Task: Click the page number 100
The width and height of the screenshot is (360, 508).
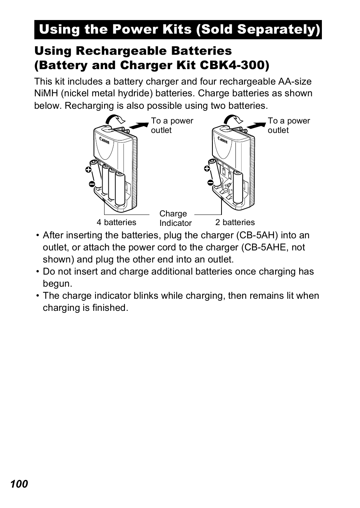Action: click(19, 484)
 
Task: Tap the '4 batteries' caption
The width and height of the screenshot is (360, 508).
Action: click(116, 222)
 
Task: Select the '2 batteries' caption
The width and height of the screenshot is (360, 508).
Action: click(235, 222)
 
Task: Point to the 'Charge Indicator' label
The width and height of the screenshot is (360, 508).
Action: click(175, 218)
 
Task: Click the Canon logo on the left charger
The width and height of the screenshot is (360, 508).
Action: click(105, 140)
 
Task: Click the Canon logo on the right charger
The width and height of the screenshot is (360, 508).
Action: click(223, 140)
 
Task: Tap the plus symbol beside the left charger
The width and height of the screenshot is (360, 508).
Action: click(88, 170)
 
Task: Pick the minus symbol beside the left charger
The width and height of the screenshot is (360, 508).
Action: click(92, 184)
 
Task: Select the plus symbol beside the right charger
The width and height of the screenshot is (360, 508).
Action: click(207, 169)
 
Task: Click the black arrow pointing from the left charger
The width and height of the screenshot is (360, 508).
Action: click(139, 126)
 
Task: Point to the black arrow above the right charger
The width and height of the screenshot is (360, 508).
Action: click(256, 126)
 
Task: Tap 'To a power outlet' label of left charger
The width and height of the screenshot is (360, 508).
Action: click(172, 125)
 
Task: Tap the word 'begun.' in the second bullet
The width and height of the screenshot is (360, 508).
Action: click(57, 284)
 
